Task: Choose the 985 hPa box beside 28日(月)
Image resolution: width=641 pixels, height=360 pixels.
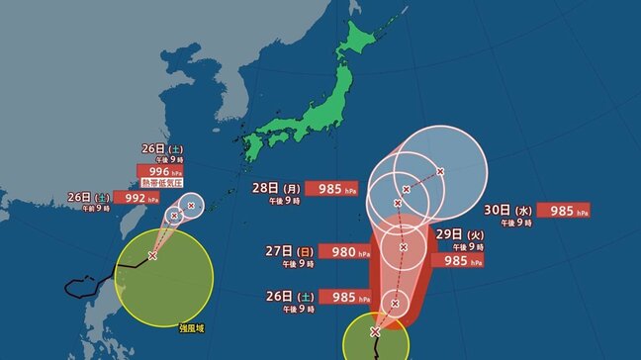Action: coord(336,188)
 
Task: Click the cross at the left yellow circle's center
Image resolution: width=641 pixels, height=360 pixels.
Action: coord(152,255)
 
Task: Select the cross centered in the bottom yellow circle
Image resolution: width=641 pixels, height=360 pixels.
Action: coord(375,331)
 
